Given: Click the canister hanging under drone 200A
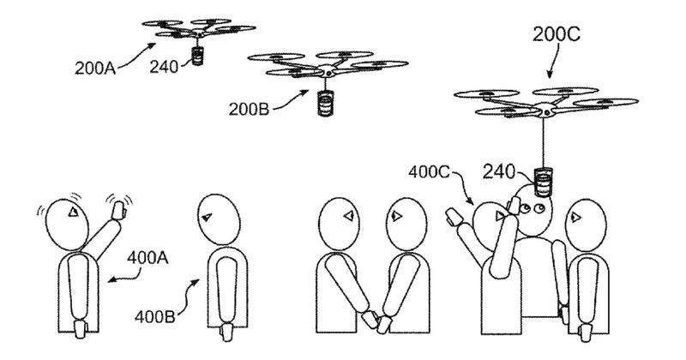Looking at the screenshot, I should [198, 57].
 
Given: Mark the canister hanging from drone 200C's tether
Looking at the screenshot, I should [542, 183].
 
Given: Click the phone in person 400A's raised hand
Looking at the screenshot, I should [117, 204].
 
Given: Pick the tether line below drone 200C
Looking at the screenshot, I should [544, 141].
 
